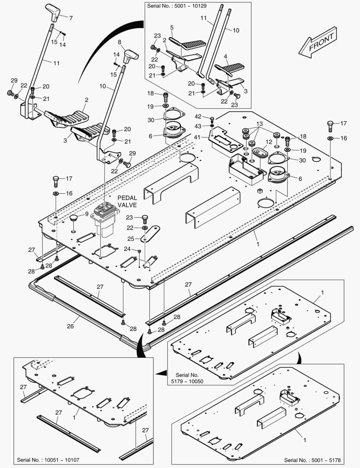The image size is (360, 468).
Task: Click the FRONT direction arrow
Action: tap(318, 43)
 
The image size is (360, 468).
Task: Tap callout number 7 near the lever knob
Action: tap(71, 18)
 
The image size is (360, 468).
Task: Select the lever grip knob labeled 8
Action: tap(130, 55)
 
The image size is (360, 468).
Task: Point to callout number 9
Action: tap(87, 214)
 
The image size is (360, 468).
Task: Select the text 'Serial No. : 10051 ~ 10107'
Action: tap(48, 459)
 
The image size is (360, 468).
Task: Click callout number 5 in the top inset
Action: tap(172, 28)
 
